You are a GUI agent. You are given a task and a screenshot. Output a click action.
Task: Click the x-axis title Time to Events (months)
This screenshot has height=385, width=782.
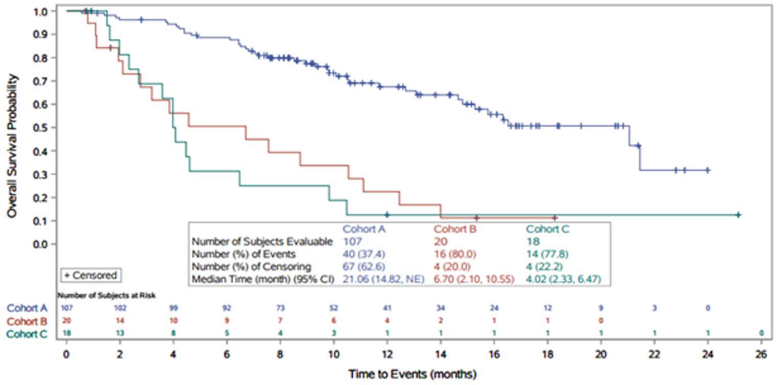(412, 374)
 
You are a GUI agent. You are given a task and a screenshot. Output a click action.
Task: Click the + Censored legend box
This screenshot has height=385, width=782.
(90, 275)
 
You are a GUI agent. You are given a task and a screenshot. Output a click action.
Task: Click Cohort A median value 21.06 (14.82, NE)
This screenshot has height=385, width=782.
(383, 279)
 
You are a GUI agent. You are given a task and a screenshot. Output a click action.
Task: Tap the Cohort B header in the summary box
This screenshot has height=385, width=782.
(455, 229)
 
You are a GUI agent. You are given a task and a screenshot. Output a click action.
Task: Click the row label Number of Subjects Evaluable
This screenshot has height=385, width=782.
(262, 241)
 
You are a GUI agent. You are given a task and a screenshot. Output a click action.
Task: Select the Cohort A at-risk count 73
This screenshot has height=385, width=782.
(280, 308)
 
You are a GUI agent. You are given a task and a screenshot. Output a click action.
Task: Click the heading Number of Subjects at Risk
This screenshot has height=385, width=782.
(106, 296)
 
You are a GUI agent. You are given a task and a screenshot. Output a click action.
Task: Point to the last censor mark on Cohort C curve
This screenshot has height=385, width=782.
(738, 215)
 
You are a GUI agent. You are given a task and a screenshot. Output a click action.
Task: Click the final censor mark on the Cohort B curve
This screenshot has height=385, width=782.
(555, 218)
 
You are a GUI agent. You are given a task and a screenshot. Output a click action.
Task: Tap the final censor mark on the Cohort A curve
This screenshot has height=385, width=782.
(707, 170)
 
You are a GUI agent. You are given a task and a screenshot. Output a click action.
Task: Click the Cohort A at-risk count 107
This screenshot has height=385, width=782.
(66, 308)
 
